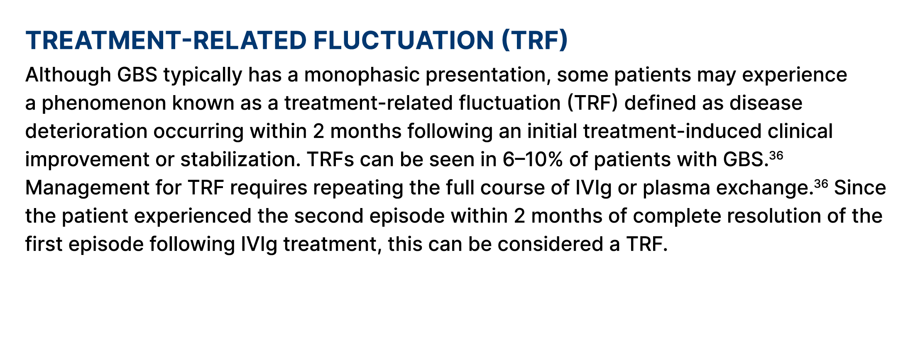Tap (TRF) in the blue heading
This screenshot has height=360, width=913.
click(534, 41)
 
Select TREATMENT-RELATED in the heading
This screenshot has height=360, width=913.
click(166, 41)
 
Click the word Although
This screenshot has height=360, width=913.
click(69, 75)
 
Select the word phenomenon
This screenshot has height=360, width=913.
click(104, 103)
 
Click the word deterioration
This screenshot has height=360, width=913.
click(86, 132)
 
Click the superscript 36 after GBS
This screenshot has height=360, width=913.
click(776, 156)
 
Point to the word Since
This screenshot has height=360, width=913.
click(860, 188)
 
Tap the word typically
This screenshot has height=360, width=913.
click(203, 75)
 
